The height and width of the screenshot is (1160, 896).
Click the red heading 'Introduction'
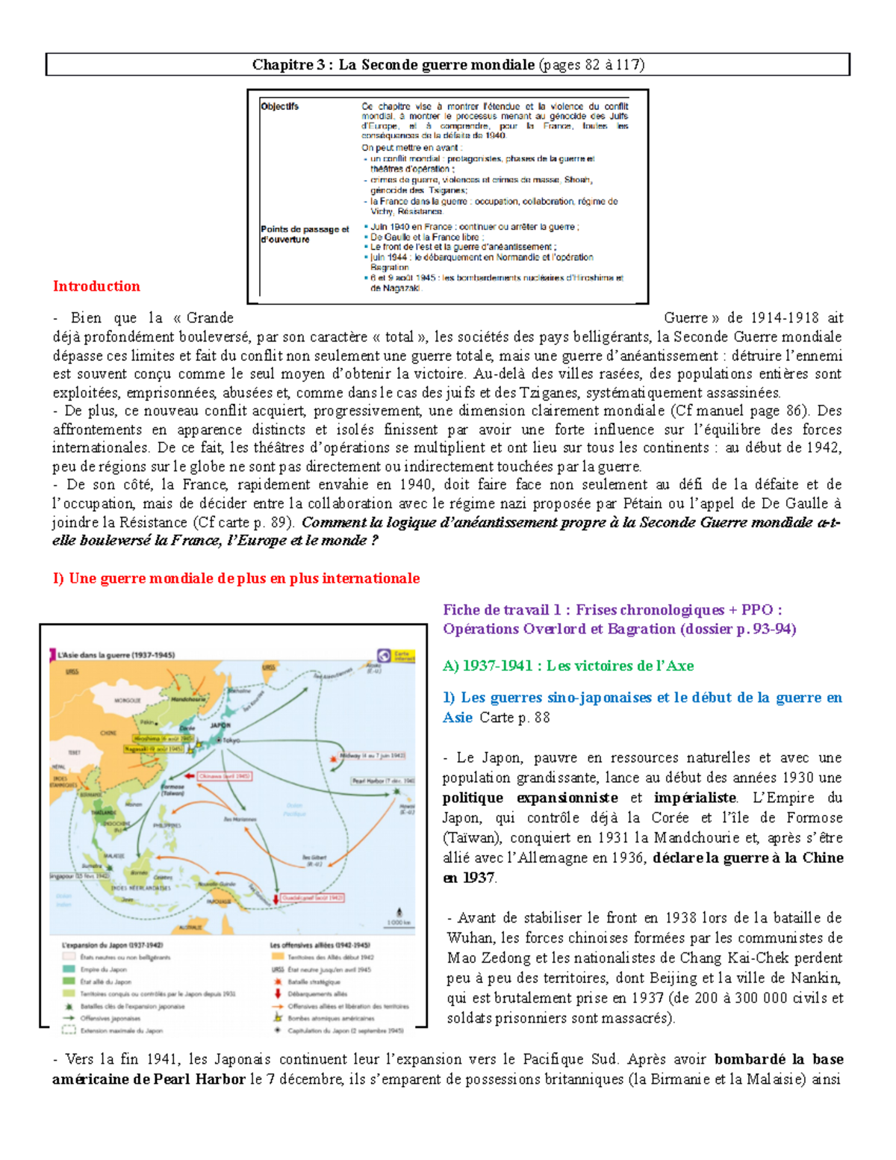pos(96,286)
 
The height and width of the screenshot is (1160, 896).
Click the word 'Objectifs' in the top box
pos(280,107)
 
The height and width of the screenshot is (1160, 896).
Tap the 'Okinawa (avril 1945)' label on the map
pos(224,776)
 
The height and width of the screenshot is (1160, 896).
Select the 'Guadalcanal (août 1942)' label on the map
pos(312,897)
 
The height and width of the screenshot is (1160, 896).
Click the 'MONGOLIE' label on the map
pos(127,701)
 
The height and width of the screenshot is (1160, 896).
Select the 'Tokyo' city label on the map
pos(231,739)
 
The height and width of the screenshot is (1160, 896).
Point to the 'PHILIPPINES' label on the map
pos(167,825)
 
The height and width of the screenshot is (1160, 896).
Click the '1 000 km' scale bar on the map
pos(398,922)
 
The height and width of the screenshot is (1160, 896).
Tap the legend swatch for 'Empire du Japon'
pos(69,970)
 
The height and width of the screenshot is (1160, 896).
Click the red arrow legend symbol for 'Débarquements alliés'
pos(278,993)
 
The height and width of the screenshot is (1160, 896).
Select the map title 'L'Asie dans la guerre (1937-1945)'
pos(116,655)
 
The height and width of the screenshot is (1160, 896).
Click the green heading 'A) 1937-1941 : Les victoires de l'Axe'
pos(567,666)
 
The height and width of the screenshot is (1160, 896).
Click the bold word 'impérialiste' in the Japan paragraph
pos(694,798)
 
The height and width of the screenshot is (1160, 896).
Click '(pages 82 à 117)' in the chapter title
pos(591,65)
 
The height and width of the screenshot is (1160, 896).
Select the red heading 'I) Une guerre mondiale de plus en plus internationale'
pos(236,578)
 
